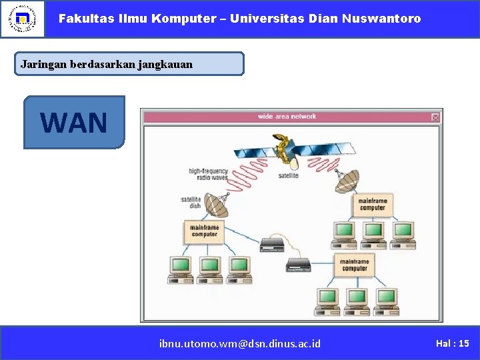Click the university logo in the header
tap(23, 19)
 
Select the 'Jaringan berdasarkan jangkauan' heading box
tap(129, 64)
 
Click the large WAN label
tap(74, 122)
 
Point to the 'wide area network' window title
tap(287, 117)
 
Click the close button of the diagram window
tap(435, 117)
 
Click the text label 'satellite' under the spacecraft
tap(288, 175)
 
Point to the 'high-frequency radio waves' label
tap(208, 175)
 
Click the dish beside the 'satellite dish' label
tap(216, 205)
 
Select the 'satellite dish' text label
tap(191, 203)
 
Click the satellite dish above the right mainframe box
tap(348, 179)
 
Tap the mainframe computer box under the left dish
tap(204, 231)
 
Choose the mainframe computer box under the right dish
tap(372, 205)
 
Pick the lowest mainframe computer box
tap(354, 265)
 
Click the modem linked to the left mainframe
tap(272, 245)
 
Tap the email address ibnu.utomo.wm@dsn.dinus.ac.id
tap(240, 343)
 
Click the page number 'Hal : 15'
tap(452, 343)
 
